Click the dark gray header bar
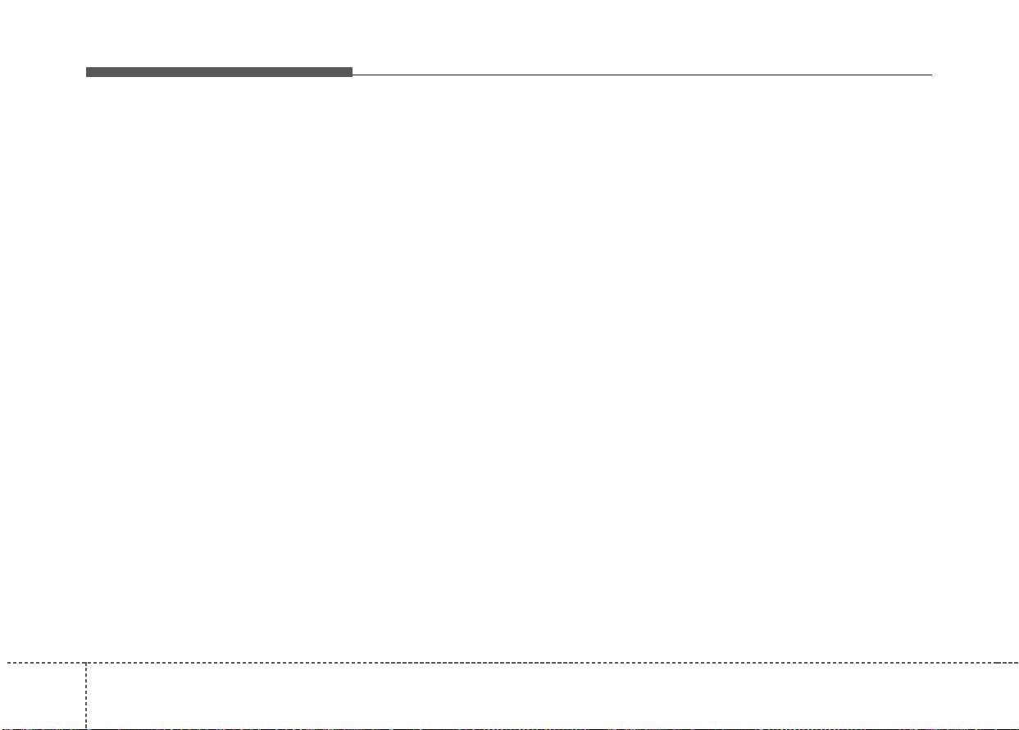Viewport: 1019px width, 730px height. (219, 72)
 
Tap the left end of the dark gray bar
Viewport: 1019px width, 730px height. (88, 72)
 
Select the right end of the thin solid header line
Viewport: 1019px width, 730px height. (931, 75)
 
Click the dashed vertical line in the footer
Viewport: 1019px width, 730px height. (86, 695)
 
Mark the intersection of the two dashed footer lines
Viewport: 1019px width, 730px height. (86, 662)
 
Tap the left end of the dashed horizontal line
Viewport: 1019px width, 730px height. (1, 662)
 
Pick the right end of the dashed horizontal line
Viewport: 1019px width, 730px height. (1017, 662)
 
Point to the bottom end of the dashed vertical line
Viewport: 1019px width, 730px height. (86, 728)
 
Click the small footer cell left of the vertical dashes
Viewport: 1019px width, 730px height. (43, 695)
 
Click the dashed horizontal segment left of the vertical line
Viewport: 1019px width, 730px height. (43, 662)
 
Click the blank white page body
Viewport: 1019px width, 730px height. (509, 369)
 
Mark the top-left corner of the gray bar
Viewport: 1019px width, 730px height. (86, 68)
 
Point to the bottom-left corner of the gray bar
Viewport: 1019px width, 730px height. (86, 77)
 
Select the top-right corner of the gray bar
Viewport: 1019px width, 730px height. (352, 68)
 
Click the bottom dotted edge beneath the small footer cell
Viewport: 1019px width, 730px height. (43, 728)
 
